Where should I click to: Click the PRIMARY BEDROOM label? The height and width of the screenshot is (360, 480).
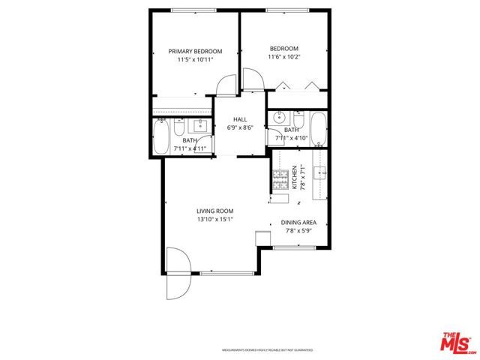click(195, 51)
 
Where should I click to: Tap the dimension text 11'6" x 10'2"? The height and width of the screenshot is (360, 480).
click(283, 56)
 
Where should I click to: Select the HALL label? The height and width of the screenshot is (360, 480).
click(240, 119)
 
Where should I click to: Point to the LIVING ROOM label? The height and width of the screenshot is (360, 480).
click(215, 211)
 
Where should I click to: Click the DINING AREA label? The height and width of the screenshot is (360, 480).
click(298, 223)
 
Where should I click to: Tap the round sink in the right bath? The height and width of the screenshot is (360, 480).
click(278, 118)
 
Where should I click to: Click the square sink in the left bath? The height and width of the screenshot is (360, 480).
click(200, 125)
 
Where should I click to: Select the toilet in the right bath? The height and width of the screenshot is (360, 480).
click(298, 121)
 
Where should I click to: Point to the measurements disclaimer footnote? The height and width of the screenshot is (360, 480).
click(266, 350)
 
